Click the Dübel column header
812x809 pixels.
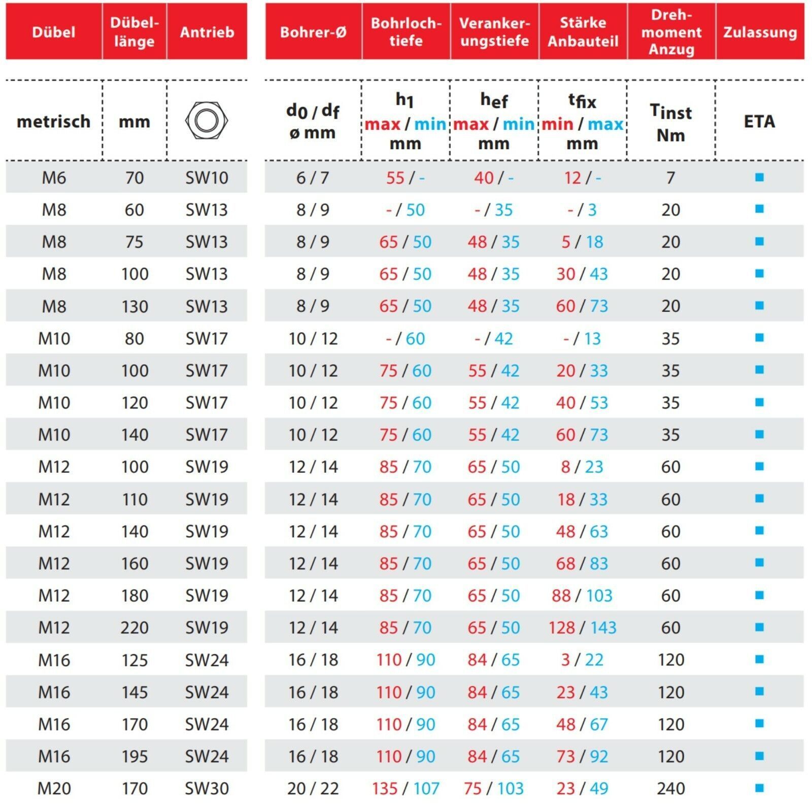click(x=53, y=32)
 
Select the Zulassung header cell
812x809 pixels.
click(x=760, y=32)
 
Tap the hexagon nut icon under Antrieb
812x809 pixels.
click(x=207, y=121)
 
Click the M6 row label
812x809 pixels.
click(x=53, y=178)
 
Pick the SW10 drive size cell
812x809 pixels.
click(x=207, y=178)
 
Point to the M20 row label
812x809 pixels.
click(x=53, y=788)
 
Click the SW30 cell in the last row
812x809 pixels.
click(x=207, y=788)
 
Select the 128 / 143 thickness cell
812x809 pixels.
click(x=582, y=627)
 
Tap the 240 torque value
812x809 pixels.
click(x=671, y=788)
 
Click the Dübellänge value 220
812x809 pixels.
click(x=134, y=627)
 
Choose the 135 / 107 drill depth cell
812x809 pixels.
click(x=405, y=788)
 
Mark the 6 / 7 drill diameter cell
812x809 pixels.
click(x=313, y=178)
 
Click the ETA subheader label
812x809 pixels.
click(x=759, y=121)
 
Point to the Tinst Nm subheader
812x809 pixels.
click(x=671, y=123)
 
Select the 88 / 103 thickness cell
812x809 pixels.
click(x=582, y=595)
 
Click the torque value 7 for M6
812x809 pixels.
click(x=671, y=178)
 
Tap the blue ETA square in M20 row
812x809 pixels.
click(x=759, y=788)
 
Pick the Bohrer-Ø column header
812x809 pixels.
click(x=313, y=32)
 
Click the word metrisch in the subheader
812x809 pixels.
click(x=53, y=121)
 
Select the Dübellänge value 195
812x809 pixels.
click(x=134, y=756)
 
